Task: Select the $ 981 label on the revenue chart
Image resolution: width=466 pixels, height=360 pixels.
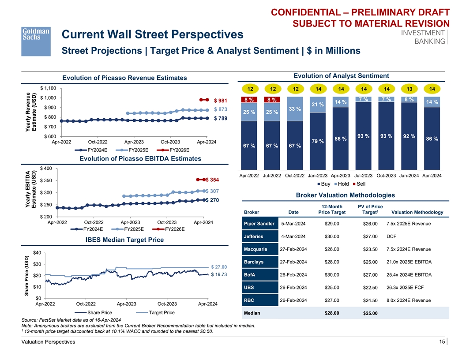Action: point(221,100)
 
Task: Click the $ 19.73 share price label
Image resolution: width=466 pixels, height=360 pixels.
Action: point(219,274)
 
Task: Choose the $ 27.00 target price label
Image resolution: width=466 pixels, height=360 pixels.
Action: point(219,266)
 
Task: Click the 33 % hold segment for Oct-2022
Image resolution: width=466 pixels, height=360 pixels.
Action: point(295,109)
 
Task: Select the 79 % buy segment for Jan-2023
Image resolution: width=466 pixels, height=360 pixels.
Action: point(317,142)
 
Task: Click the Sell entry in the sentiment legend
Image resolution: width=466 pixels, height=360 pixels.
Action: point(361,184)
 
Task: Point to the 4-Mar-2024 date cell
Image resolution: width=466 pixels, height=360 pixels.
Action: point(293,236)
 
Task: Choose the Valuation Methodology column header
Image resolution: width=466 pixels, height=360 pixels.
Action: point(417,212)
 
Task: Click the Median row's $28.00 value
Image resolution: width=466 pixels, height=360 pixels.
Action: point(332,314)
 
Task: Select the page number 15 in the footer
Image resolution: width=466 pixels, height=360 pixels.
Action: point(442,342)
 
